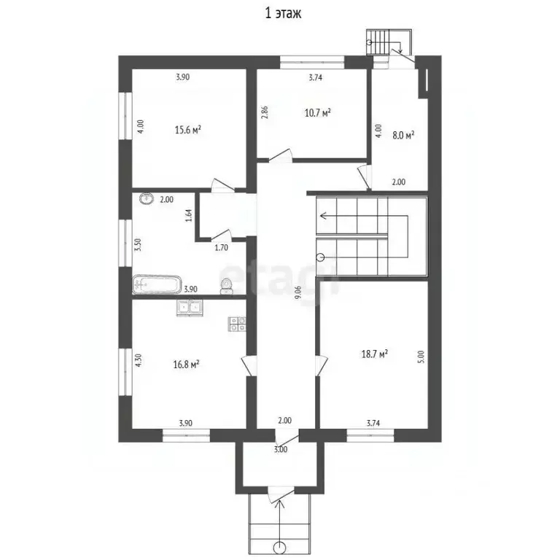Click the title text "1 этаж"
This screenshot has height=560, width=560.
[283, 13]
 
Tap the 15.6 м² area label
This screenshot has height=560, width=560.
[187, 129]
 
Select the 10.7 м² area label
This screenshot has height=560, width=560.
[317, 113]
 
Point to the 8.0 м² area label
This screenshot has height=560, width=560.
[403, 135]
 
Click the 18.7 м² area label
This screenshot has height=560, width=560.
[375, 354]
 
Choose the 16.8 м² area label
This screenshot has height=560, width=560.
[186, 365]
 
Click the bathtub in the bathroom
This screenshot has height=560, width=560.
[157, 284]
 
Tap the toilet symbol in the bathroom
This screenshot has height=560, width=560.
[226, 287]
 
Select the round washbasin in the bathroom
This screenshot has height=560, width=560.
[146, 198]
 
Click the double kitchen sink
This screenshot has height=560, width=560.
[190, 308]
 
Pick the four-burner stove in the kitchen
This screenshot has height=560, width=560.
[237, 324]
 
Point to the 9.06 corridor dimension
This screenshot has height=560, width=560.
[297, 296]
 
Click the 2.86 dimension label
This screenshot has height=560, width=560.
[264, 112]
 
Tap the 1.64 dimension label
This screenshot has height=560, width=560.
[189, 215]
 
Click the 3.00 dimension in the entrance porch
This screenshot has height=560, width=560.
[280, 449]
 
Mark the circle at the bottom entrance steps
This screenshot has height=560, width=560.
[279, 547]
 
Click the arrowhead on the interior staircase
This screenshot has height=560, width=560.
[323, 216]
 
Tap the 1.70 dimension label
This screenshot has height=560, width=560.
[221, 247]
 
